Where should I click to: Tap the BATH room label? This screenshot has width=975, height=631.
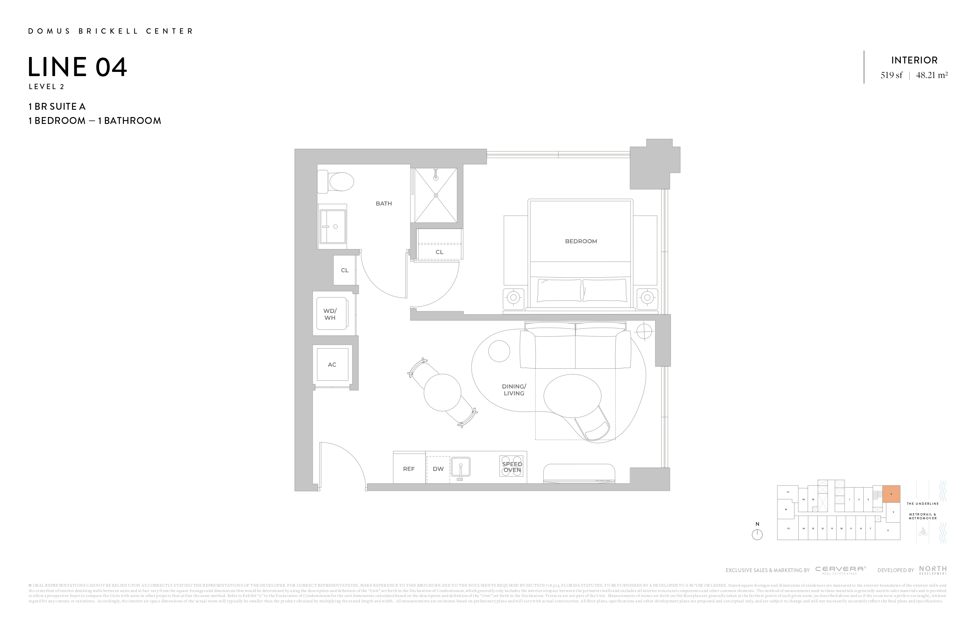(383, 203)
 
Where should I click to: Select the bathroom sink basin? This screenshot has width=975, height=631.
(333, 226)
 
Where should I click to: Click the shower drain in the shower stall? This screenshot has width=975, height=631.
(435, 195)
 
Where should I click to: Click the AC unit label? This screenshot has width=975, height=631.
(332, 365)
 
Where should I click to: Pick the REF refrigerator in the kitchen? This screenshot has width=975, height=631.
(409, 469)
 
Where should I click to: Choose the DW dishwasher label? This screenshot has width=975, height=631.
(438, 469)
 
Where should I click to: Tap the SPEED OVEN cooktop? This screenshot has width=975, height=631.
(512, 467)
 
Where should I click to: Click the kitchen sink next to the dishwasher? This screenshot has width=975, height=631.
(460, 467)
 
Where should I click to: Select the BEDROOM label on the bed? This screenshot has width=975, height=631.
(580, 241)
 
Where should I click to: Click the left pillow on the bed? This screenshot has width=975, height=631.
(559, 290)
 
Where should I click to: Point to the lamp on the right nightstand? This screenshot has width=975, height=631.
(647, 298)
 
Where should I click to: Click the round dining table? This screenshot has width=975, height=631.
(442, 392)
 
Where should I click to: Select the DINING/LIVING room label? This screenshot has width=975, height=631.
(514, 390)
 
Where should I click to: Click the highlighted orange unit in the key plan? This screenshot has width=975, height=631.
(891, 494)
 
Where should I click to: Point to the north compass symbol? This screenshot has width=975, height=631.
(757, 534)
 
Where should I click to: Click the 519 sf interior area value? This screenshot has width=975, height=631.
(891, 75)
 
